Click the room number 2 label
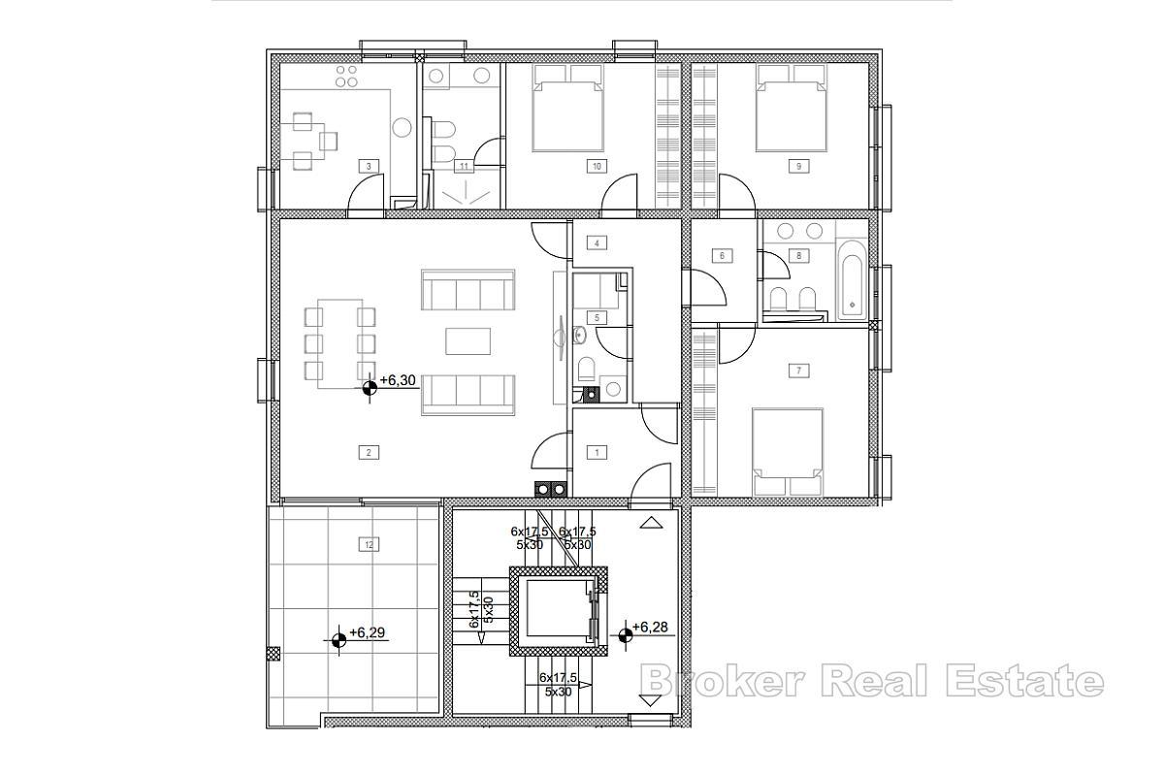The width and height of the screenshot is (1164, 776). pos(368,451)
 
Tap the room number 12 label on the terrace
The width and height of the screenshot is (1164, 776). pos(368,545)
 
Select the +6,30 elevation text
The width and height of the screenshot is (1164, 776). pos(399,381)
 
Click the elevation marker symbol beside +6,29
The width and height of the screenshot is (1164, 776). pos(339,639)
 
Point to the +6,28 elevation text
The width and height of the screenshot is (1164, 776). pos(651,627)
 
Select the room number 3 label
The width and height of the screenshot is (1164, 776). pos(368,166)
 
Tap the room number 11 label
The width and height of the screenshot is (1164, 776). pos(465,166)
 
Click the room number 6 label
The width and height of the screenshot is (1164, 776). pos(721,256)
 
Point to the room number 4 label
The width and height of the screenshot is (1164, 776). pos(598,242)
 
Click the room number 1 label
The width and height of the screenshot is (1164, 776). pos(598,452)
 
